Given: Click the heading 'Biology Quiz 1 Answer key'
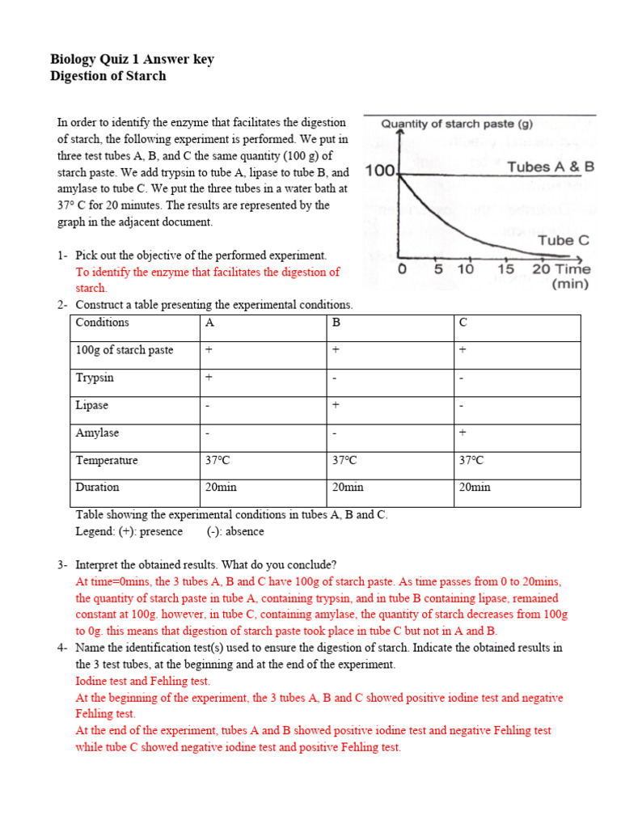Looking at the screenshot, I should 132,59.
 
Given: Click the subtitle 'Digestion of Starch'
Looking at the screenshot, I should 108,76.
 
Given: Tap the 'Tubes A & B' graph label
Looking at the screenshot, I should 550,167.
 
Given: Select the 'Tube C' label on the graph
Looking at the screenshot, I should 564,240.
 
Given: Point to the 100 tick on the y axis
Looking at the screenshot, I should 379,171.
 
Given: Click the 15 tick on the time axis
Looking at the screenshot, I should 505,269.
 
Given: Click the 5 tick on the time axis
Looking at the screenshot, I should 438,269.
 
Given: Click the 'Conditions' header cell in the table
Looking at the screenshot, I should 102,323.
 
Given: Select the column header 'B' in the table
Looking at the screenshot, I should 336,323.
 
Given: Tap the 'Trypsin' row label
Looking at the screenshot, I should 95,378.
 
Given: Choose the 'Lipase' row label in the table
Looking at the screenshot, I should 91,405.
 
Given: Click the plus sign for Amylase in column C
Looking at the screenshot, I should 463,433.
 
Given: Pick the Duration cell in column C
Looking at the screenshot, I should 475,488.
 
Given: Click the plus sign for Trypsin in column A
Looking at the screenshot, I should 209,378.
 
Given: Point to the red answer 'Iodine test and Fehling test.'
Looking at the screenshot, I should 142,681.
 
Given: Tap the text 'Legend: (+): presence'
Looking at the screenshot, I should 129,531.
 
